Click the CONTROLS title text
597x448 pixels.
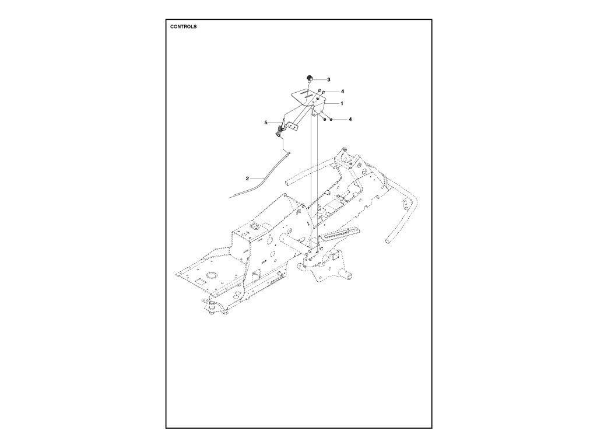183,27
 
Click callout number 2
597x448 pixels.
247,177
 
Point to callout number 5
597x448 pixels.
266,123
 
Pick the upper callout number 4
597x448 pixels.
342,92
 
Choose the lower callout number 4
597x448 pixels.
350,119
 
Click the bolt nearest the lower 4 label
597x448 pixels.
331,120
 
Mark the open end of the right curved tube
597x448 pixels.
387,240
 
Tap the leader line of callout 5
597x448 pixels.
273,123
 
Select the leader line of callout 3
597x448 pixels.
319,79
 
